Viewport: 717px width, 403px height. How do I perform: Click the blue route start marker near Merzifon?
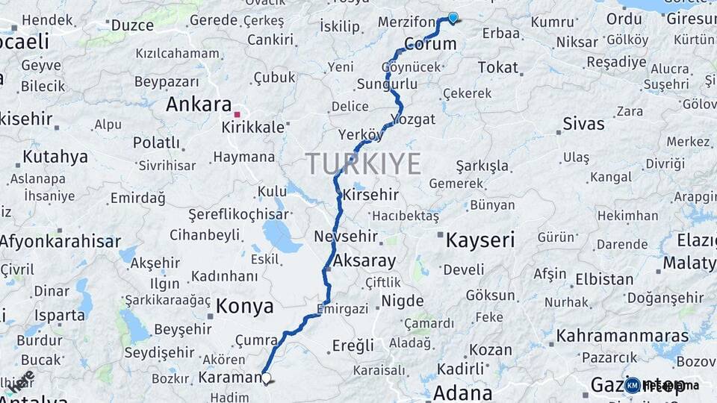click(453, 17)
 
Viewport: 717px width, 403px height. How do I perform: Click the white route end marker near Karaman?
click(266, 378)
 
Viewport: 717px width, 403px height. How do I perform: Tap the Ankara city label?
click(198, 104)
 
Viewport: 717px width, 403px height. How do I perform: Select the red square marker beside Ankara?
click(238, 114)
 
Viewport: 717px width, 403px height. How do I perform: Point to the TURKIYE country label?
click(363, 163)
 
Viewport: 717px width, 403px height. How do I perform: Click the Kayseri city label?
click(480, 240)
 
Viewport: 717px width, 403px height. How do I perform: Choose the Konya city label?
click(244, 306)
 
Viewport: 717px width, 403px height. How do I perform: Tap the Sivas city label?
click(583, 123)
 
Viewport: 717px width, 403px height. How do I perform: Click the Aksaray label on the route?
click(366, 260)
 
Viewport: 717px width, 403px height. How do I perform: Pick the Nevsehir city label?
click(344, 236)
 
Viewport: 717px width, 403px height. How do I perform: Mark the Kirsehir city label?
click(370, 196)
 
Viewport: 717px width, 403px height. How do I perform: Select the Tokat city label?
click(497, 67)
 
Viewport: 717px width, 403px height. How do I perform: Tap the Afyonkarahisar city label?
click(60, 241)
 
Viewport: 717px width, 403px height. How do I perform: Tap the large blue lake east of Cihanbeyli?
click(282, 238)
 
